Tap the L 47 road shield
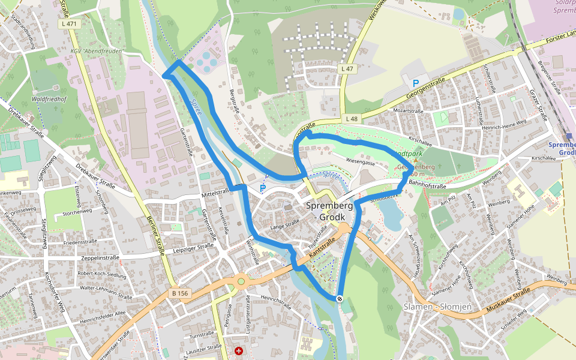[347, 69]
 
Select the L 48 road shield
[352, 119]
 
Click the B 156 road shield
[179, 294]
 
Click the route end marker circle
[340, 298]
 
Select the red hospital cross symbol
[239, 350]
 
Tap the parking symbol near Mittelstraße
[262, 188]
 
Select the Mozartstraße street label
[408, 111]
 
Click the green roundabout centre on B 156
[241, 281]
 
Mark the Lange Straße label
[284, 226]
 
